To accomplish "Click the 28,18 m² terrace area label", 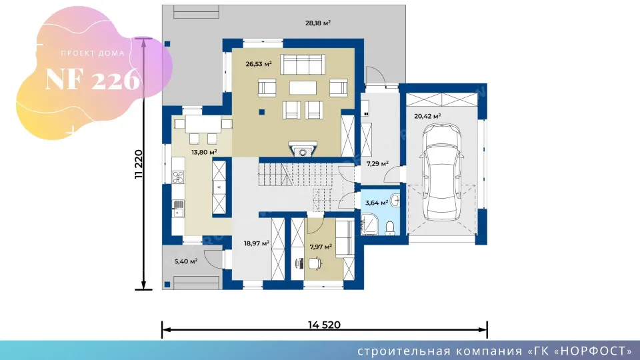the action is (x=318, y=23).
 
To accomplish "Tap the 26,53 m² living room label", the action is (x=259, y=64).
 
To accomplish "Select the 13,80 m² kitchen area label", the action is (x=204, y=152).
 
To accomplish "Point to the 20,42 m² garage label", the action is (x=427, y=116).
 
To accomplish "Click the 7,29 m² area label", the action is (x=377, y=164).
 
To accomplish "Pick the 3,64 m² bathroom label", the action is (x=376, y=203).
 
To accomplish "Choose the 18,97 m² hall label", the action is (x=257, y=244).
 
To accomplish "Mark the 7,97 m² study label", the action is (x=321, y=247).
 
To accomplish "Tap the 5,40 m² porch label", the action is (x=186, y=261).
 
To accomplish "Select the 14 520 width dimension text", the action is (x=324, y=325).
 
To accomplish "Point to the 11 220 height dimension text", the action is (x=139, y=164).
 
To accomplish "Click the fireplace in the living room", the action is (x=303, y=149).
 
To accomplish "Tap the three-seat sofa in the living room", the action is (x=303, y=65).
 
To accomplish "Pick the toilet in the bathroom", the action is (x=390, y=228).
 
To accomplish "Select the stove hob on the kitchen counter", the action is (x=178, y=177).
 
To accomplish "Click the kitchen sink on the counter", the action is (x=178, y=208).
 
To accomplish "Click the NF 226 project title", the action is (x=93, y=79).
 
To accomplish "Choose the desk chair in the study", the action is (x=315, y=263).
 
